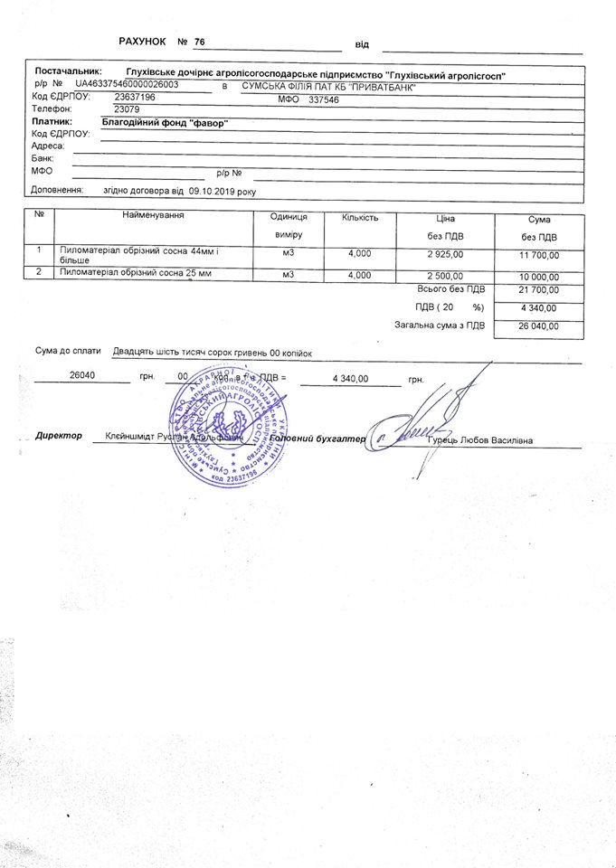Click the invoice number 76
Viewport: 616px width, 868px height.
tap(199, 42)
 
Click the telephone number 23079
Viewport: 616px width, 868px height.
tap(117, 108)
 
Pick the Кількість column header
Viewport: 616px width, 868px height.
tap(359, 218)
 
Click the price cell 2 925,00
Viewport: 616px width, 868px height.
tap(445, 254)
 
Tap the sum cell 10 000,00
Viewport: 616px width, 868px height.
tap(538, 277)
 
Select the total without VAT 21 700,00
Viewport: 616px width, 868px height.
tap(538, 289)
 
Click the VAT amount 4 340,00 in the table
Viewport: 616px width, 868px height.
tap(539, 307)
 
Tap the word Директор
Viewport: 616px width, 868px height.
tap(59, 435)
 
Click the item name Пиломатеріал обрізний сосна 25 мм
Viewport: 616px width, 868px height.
tap(136, 272)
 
